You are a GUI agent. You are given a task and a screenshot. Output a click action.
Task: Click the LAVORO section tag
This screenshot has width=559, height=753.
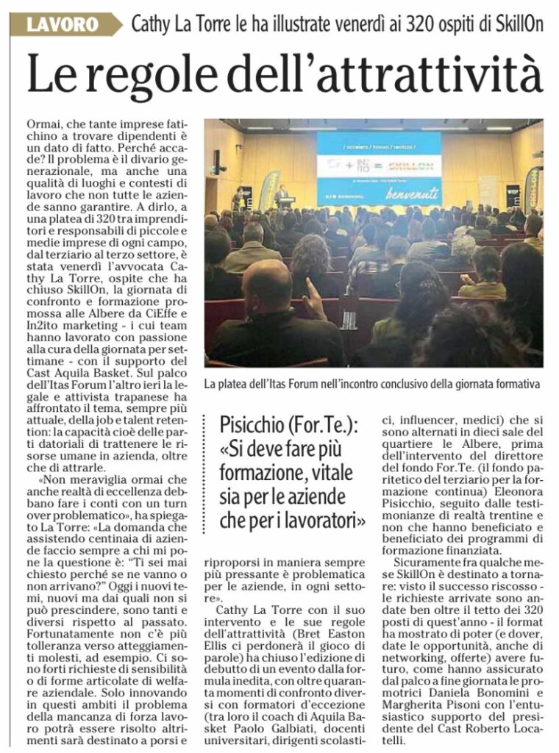pos(63,24)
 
